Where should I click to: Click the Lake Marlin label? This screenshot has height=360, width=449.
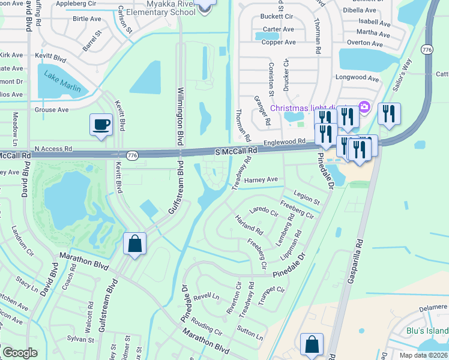[x=61, y=85]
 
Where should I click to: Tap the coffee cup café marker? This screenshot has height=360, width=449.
[x=101, y=125]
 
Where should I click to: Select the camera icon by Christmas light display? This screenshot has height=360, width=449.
[x=364, y=107]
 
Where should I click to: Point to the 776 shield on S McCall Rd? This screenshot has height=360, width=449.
[x=133, y=155]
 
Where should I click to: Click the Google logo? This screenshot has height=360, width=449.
[x=20, y=353]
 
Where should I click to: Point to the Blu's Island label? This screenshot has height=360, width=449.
[x=427, y=331]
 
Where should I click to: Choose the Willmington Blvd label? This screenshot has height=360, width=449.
[x=179, y=116]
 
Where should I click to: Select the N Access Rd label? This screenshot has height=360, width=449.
[x=53, y=148]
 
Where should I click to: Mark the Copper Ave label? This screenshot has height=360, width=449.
[x=279, y=43]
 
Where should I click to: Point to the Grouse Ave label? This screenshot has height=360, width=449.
[x=52, y=110]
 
